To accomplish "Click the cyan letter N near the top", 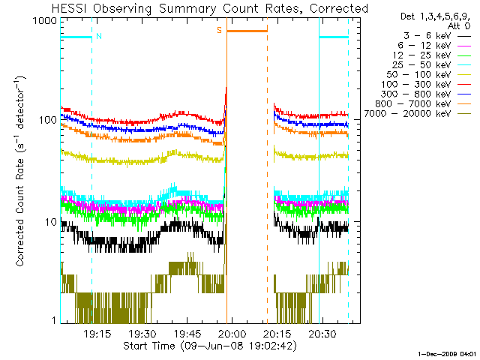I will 99,34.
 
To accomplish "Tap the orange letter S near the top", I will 220,31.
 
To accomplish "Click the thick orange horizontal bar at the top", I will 247,31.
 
